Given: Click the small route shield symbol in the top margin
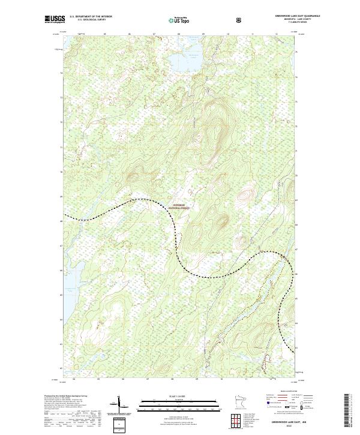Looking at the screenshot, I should click(240, 20).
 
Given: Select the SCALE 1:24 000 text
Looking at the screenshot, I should click(180, 395).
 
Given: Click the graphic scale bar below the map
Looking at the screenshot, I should click(180, 403).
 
